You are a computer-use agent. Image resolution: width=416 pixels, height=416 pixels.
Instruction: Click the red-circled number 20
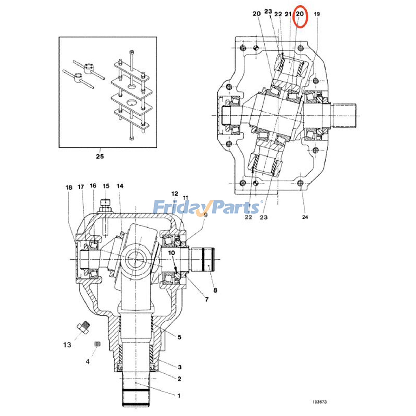[300, 14]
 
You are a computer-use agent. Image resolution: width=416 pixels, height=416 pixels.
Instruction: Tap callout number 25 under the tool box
[100, 156]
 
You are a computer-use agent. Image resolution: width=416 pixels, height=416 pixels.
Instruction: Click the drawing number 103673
[320, 402]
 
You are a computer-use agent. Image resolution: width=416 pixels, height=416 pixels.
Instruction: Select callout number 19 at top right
[317, 14]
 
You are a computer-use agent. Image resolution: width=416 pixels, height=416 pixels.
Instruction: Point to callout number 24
[305, 217]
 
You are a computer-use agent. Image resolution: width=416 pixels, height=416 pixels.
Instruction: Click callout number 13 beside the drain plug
[67, 345]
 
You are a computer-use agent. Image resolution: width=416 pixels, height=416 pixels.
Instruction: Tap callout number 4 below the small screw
[88, 361]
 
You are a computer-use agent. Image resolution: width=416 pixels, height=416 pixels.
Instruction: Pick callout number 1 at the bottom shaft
[179, 396]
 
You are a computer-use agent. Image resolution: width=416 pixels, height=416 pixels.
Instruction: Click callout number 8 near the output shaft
[215, 290]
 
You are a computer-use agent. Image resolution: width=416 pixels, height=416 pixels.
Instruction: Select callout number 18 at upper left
[69, 187]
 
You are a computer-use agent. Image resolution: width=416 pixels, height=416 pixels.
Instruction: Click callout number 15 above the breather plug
[106, 186]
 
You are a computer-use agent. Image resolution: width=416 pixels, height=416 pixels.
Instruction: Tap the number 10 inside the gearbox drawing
[171, 253]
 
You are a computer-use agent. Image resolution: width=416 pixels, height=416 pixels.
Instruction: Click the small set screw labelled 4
[97, 344]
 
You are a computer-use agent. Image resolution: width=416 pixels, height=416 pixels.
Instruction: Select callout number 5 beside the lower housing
[179, 337]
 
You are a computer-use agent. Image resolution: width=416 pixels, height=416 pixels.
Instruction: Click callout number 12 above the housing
[175, 193]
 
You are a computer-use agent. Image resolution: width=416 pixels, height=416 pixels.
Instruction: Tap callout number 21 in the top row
[288, 14]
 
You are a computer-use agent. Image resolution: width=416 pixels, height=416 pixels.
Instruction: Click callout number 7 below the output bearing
[206, 300]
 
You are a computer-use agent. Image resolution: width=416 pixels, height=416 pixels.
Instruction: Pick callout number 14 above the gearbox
[120, 186]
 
